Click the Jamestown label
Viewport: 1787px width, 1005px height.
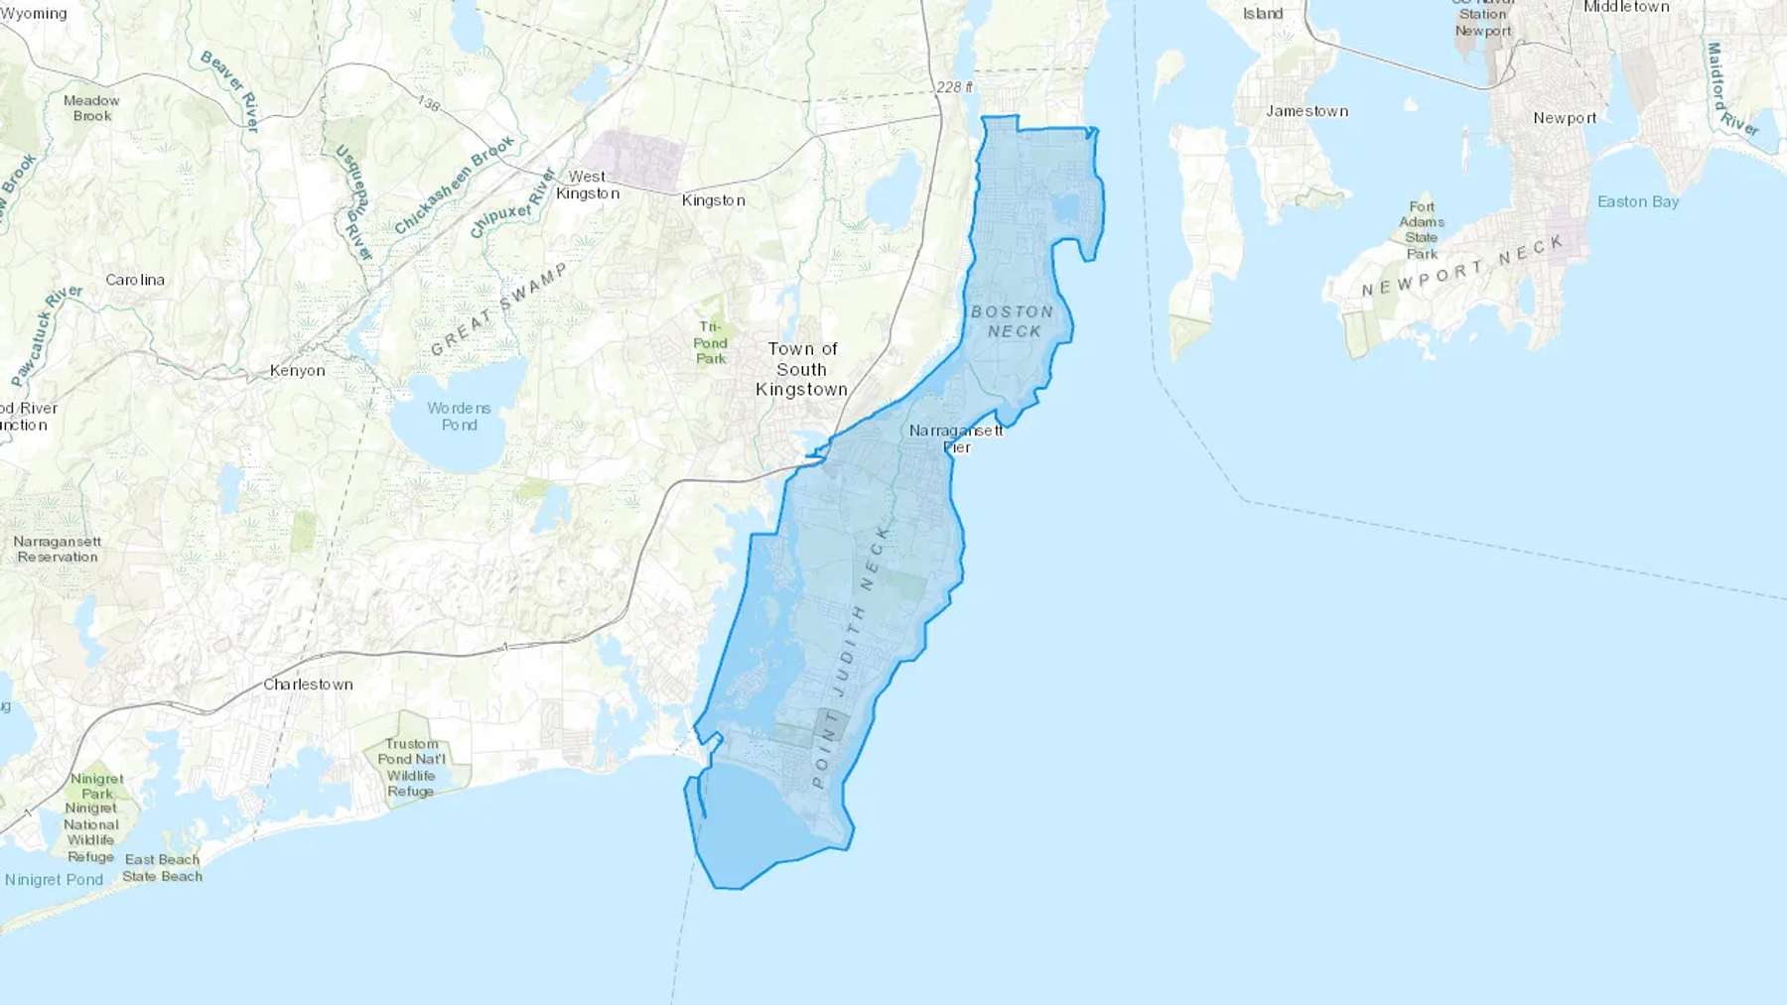click(1306, 111)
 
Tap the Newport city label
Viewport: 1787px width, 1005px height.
click(1565, 118)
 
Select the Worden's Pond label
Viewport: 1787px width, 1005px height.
click(459, 416)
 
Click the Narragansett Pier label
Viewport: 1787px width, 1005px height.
click(956, 439)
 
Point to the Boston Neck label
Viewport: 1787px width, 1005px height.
click(1013, 321)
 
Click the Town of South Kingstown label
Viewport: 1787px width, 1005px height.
click(802, 369)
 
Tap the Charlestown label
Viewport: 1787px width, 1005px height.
click(308, 685)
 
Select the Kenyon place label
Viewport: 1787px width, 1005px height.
click(297, 371)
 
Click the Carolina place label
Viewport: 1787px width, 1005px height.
click(135, 280)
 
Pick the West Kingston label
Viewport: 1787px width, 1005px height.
click(588, 185)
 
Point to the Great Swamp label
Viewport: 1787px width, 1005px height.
click(498, 309)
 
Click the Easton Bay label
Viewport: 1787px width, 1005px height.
click(1638, 201)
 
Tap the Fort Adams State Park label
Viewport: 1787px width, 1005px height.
click(1422, 230)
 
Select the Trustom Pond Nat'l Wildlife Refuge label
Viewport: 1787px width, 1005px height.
click(411, 767)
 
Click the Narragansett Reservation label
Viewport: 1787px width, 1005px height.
click(58, 549)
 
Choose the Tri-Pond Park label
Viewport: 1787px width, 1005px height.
click(711, 342)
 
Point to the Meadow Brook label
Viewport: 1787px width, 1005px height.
click(91, 108)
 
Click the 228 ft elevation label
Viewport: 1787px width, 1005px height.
click(954, 87)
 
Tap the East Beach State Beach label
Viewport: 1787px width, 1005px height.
click(162, 867)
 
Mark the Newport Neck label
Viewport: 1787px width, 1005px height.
click(1462, 267)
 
